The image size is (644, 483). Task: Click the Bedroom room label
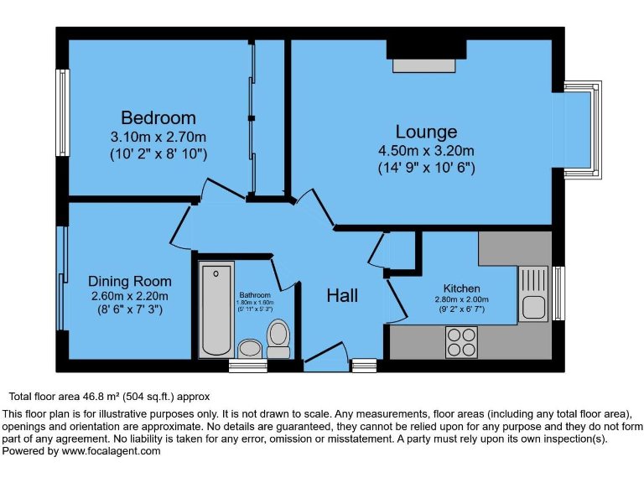[158, 117]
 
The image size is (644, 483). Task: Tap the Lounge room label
[426, 132]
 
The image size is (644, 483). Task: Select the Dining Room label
[129, 281]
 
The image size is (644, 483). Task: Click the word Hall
[342, 295]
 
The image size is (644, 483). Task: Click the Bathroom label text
[255, 295]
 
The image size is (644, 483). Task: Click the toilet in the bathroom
[278, 335]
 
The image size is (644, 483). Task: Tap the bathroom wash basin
[249, 347]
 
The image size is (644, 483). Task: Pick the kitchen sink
[532, 293]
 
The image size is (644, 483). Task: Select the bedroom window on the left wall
[61, 112]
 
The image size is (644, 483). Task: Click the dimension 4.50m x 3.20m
[426, 151]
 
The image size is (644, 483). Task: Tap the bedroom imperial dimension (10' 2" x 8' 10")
[158, 154]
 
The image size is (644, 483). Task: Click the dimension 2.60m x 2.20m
[129, 295]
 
